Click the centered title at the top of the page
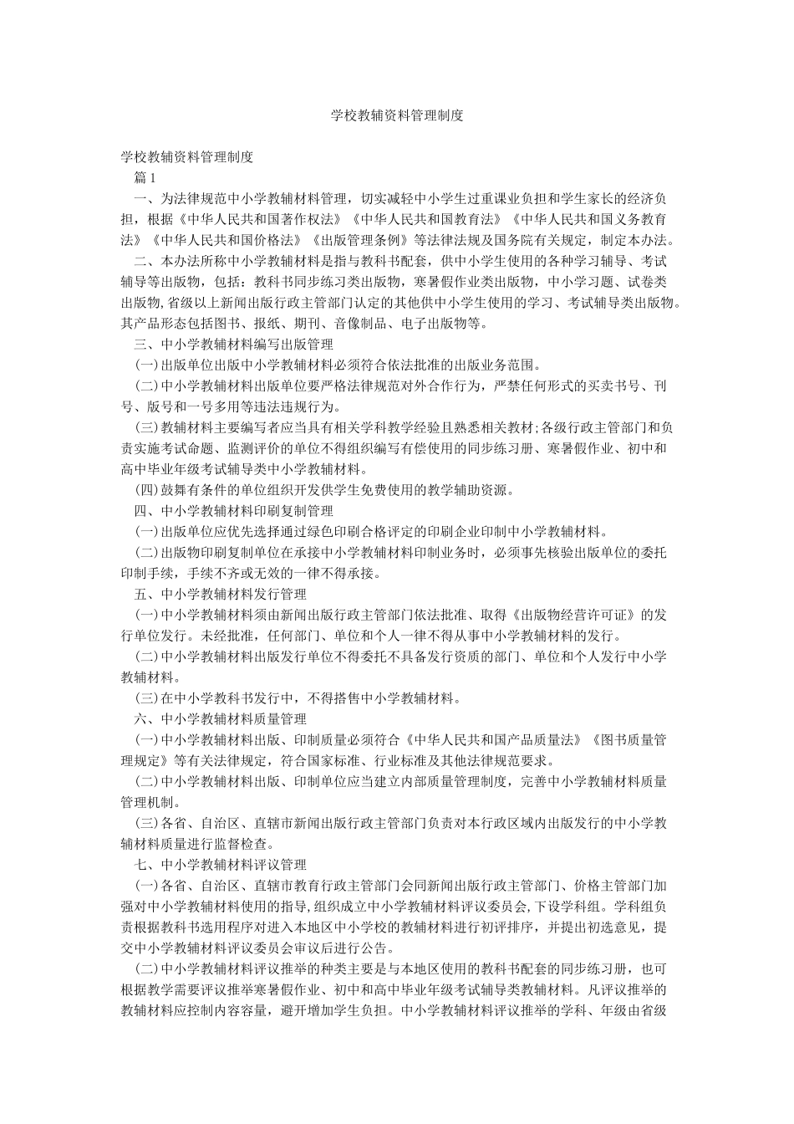pos(396,116)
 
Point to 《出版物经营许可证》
pos(577,615)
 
